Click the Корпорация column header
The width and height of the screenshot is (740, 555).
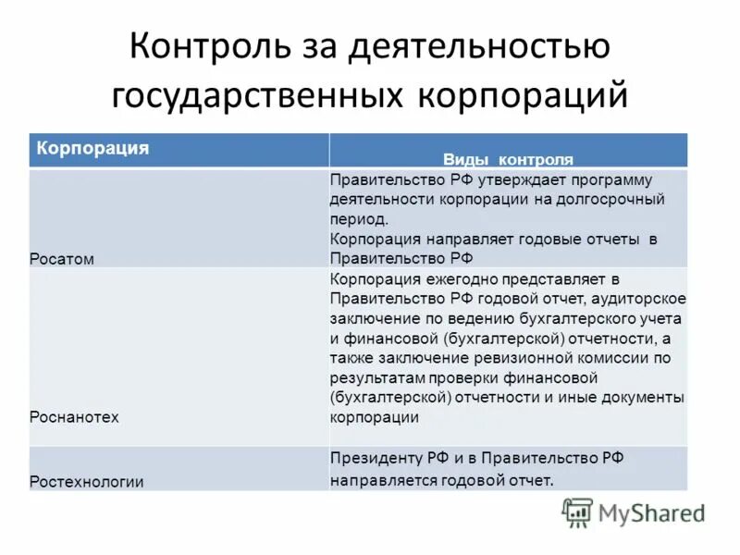click(92, 147)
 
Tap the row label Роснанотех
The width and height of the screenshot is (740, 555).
click(75, 416)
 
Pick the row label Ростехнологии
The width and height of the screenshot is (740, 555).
click(87, 481)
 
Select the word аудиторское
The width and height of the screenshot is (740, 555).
click(639, 298)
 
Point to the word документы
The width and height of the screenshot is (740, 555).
click(639, 397)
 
